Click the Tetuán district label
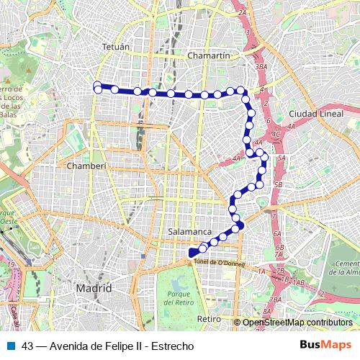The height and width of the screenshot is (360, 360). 119,47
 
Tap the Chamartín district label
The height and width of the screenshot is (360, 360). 207,55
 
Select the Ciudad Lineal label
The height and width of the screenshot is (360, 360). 313,114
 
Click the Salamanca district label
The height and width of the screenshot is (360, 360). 189,232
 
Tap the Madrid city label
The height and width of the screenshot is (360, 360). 94,288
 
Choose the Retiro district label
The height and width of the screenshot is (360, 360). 209,318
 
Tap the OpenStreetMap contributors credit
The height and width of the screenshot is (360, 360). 297,323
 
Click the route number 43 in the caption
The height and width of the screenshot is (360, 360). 27,346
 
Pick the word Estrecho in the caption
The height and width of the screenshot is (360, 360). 172,346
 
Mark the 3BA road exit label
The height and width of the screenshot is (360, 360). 261,66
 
